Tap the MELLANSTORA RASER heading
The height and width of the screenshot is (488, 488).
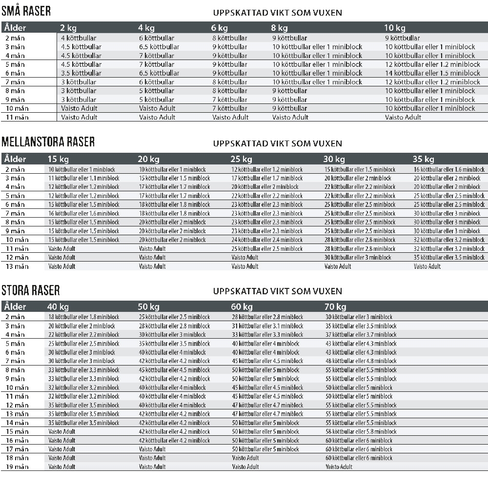[48, 142]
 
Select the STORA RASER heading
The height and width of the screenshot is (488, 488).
[30, 291]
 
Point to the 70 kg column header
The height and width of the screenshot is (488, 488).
[335, 306]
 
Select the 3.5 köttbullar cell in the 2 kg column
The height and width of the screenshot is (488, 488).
[79, 73]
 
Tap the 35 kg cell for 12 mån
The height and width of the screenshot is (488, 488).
[449, 257]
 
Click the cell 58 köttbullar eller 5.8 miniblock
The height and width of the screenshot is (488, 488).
[361, 431]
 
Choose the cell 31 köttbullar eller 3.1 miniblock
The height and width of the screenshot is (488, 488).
[267, 326]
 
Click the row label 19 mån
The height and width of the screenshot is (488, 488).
[17, 467]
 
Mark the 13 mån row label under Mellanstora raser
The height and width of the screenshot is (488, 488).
[17, 266]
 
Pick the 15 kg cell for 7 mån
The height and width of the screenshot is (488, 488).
[83, 213]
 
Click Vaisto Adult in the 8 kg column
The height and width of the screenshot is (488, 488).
[290, 117]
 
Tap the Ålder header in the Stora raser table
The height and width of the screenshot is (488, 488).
[15, 306]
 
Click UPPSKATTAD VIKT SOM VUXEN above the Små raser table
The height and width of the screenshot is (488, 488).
[277, 12]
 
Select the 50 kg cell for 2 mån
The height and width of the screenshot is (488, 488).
[174, 317]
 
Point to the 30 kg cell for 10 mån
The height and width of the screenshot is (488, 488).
[360, 240]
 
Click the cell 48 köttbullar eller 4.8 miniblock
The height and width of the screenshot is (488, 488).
[361, 361]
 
